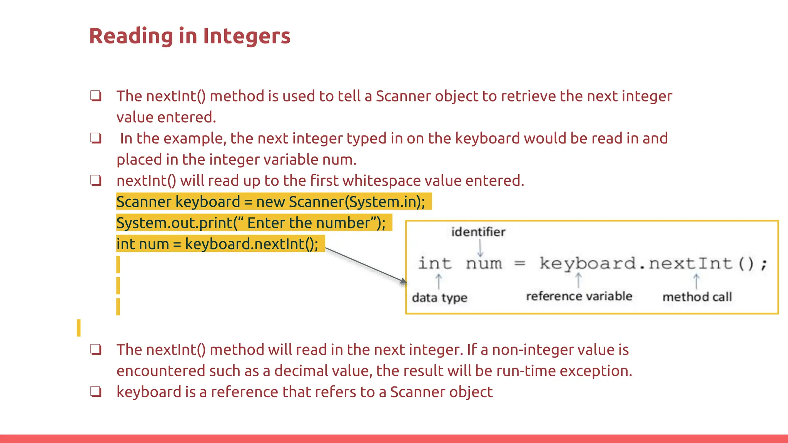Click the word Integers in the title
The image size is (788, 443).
pyautogui.click(x=246, y=36)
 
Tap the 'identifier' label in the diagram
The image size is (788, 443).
pyautogui.click(x=478, y=232)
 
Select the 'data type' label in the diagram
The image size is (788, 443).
pyautogui.click(x=439, y=298)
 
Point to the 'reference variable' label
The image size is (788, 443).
pyautogui.click(x=579, y=296)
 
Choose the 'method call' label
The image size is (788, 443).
pyautogui.click(x=697, y=297)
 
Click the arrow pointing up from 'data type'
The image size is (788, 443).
pyautogui.click(x=438, y=281)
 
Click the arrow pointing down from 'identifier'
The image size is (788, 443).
pyautogui.click(x=480, y=248)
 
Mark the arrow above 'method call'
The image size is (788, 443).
pyautogui.click(x=696, y=281)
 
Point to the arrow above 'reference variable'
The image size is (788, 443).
pyautogui.click(x=578, y=280)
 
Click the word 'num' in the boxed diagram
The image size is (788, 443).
pyautogui.click(x=484, y=264)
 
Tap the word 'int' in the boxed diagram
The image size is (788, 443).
pyautogui.click(x=435, y=263)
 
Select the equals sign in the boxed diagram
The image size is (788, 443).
pyautogui.click(x=520, y=264)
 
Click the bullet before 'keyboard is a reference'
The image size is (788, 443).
pyautogui.click(x=96, y=391)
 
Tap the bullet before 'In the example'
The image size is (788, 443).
pyautogui.click(x=96, y=138)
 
